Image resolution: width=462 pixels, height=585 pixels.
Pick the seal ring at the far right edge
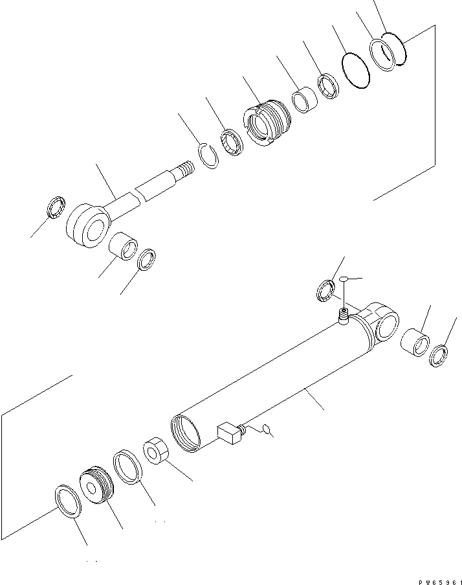(439, 356)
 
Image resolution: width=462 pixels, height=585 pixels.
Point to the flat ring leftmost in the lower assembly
(67, 501)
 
